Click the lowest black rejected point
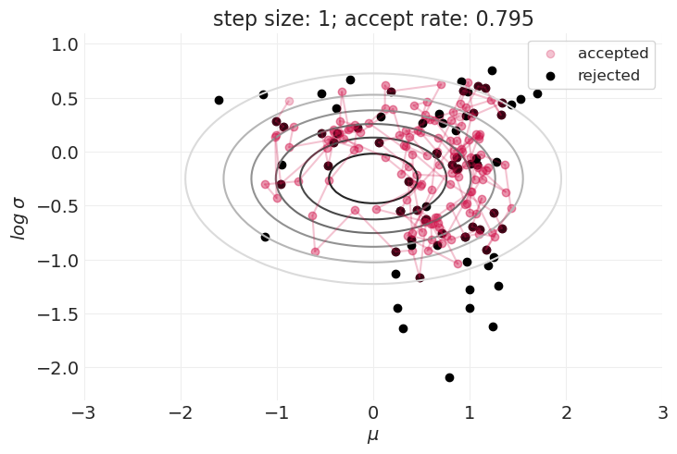pyautogui.click(x=449, y=377)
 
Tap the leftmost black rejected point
pyautogui.click(x=219, y=100)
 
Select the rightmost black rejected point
pyautogui.click(x=537, y=93)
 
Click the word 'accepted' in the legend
pyautogui.click(x=613, y=53)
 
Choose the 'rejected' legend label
pyautogui.click(x=609, y=75)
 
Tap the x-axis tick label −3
pyautogui.click(x=84, y=412)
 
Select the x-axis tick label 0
pyautogui.click(x=373, y=412)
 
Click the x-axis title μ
pyautogui.click(x=373, y=436)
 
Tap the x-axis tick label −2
pyautogui.click(x=181, y=412)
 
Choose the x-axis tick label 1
pyautogui.click(x=470, y=412)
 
